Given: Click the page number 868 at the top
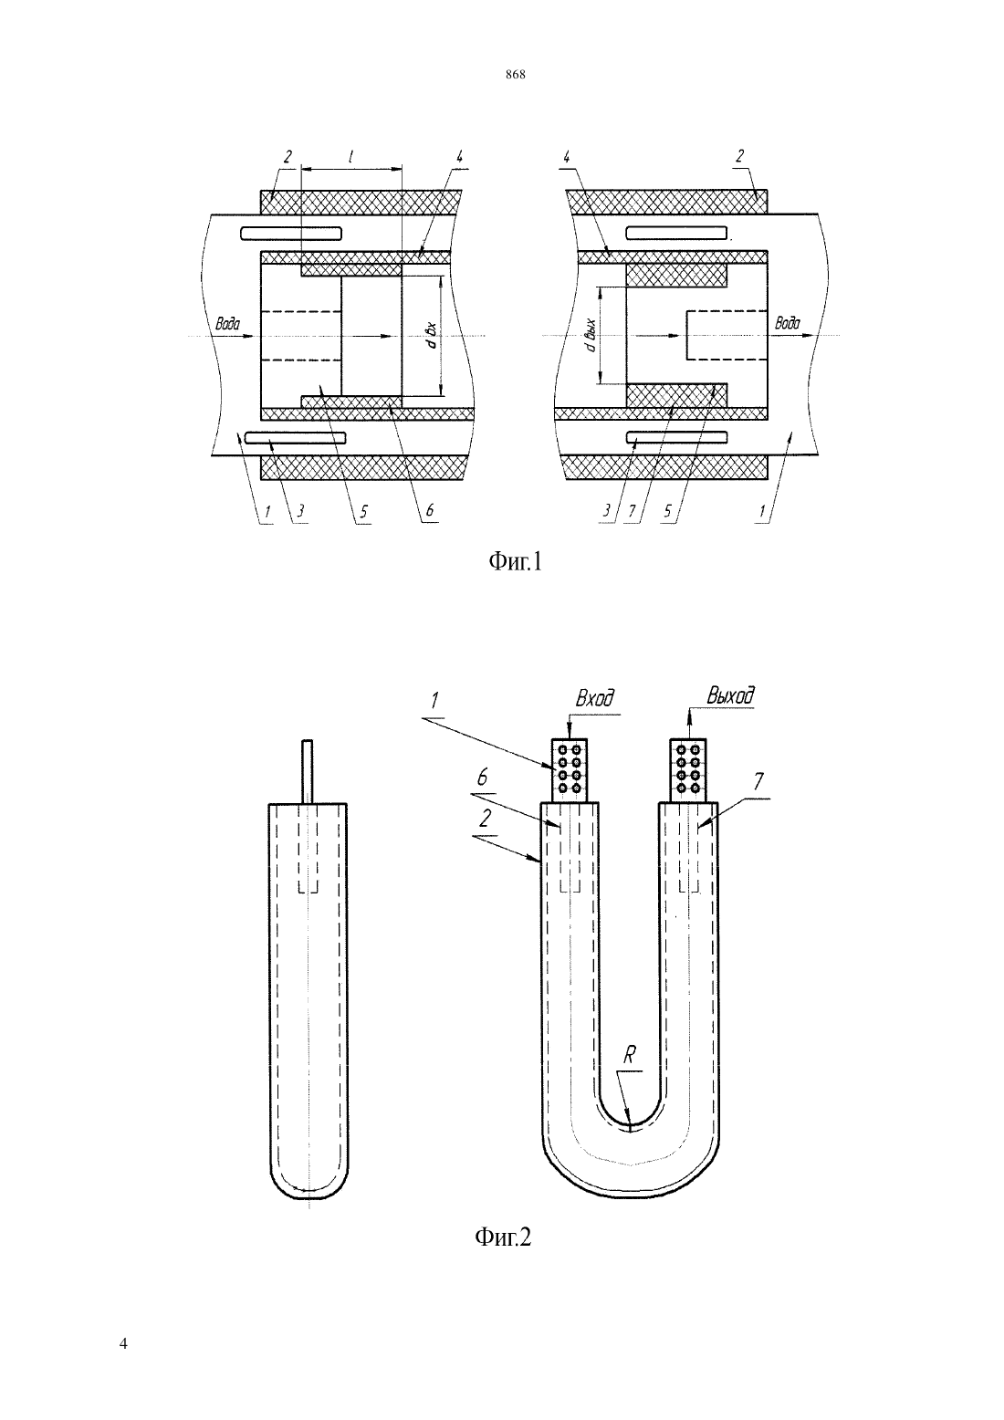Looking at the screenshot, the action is point(516,74).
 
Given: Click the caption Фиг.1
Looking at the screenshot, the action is point(516,561).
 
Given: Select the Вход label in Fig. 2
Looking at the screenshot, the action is point(594,698).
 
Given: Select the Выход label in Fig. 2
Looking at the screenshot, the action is point(731,695).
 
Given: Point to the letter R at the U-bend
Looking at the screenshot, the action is point(630,1055).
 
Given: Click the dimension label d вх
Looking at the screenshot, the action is point(432,335).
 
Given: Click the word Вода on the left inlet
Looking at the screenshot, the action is point(227,324).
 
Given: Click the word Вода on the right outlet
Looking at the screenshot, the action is point(787,323).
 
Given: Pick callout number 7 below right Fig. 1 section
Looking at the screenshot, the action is point(632,511).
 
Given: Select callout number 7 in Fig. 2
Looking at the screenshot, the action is point(758,782).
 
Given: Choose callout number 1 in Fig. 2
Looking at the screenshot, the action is point(435,701).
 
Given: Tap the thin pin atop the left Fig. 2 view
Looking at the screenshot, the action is point(308,771).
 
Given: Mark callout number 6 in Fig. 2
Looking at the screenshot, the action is point(483,778).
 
